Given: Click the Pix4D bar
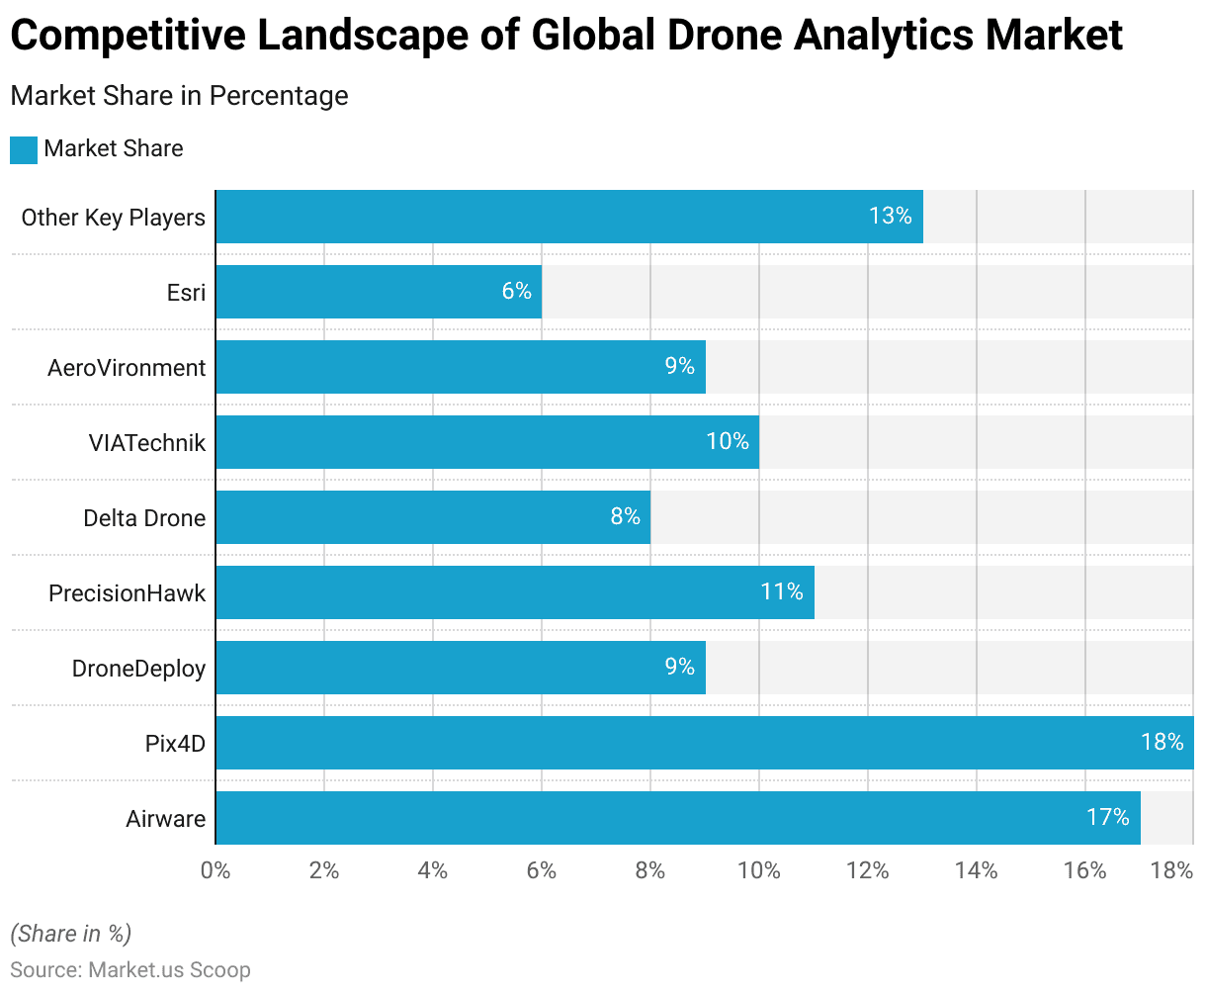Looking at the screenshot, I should [704, 743].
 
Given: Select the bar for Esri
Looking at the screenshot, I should [379, 292].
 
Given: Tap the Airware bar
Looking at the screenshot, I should [678, 818].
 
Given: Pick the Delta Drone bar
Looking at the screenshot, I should [433, 517].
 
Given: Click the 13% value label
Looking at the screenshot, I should [890, 216].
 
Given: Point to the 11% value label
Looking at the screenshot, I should [781, 591].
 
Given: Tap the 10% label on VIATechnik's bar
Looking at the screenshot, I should [728, 441].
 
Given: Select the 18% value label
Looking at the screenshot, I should [1162, 742].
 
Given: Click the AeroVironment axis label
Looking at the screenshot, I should [127, 368].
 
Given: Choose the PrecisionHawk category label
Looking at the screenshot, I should [127, 593].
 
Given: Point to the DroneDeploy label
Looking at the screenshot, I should [138, 669].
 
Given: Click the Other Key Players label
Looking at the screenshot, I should [113, 218].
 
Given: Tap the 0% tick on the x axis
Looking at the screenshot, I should [215, 871].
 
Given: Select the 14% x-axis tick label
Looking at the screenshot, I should [977, 871].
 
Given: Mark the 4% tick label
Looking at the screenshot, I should [433, 871].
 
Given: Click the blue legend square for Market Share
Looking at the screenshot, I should [24, 149].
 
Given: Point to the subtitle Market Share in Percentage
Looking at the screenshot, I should [179, 96].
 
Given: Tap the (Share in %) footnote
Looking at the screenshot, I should [70, 934].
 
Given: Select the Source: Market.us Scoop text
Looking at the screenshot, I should [130, 970].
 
